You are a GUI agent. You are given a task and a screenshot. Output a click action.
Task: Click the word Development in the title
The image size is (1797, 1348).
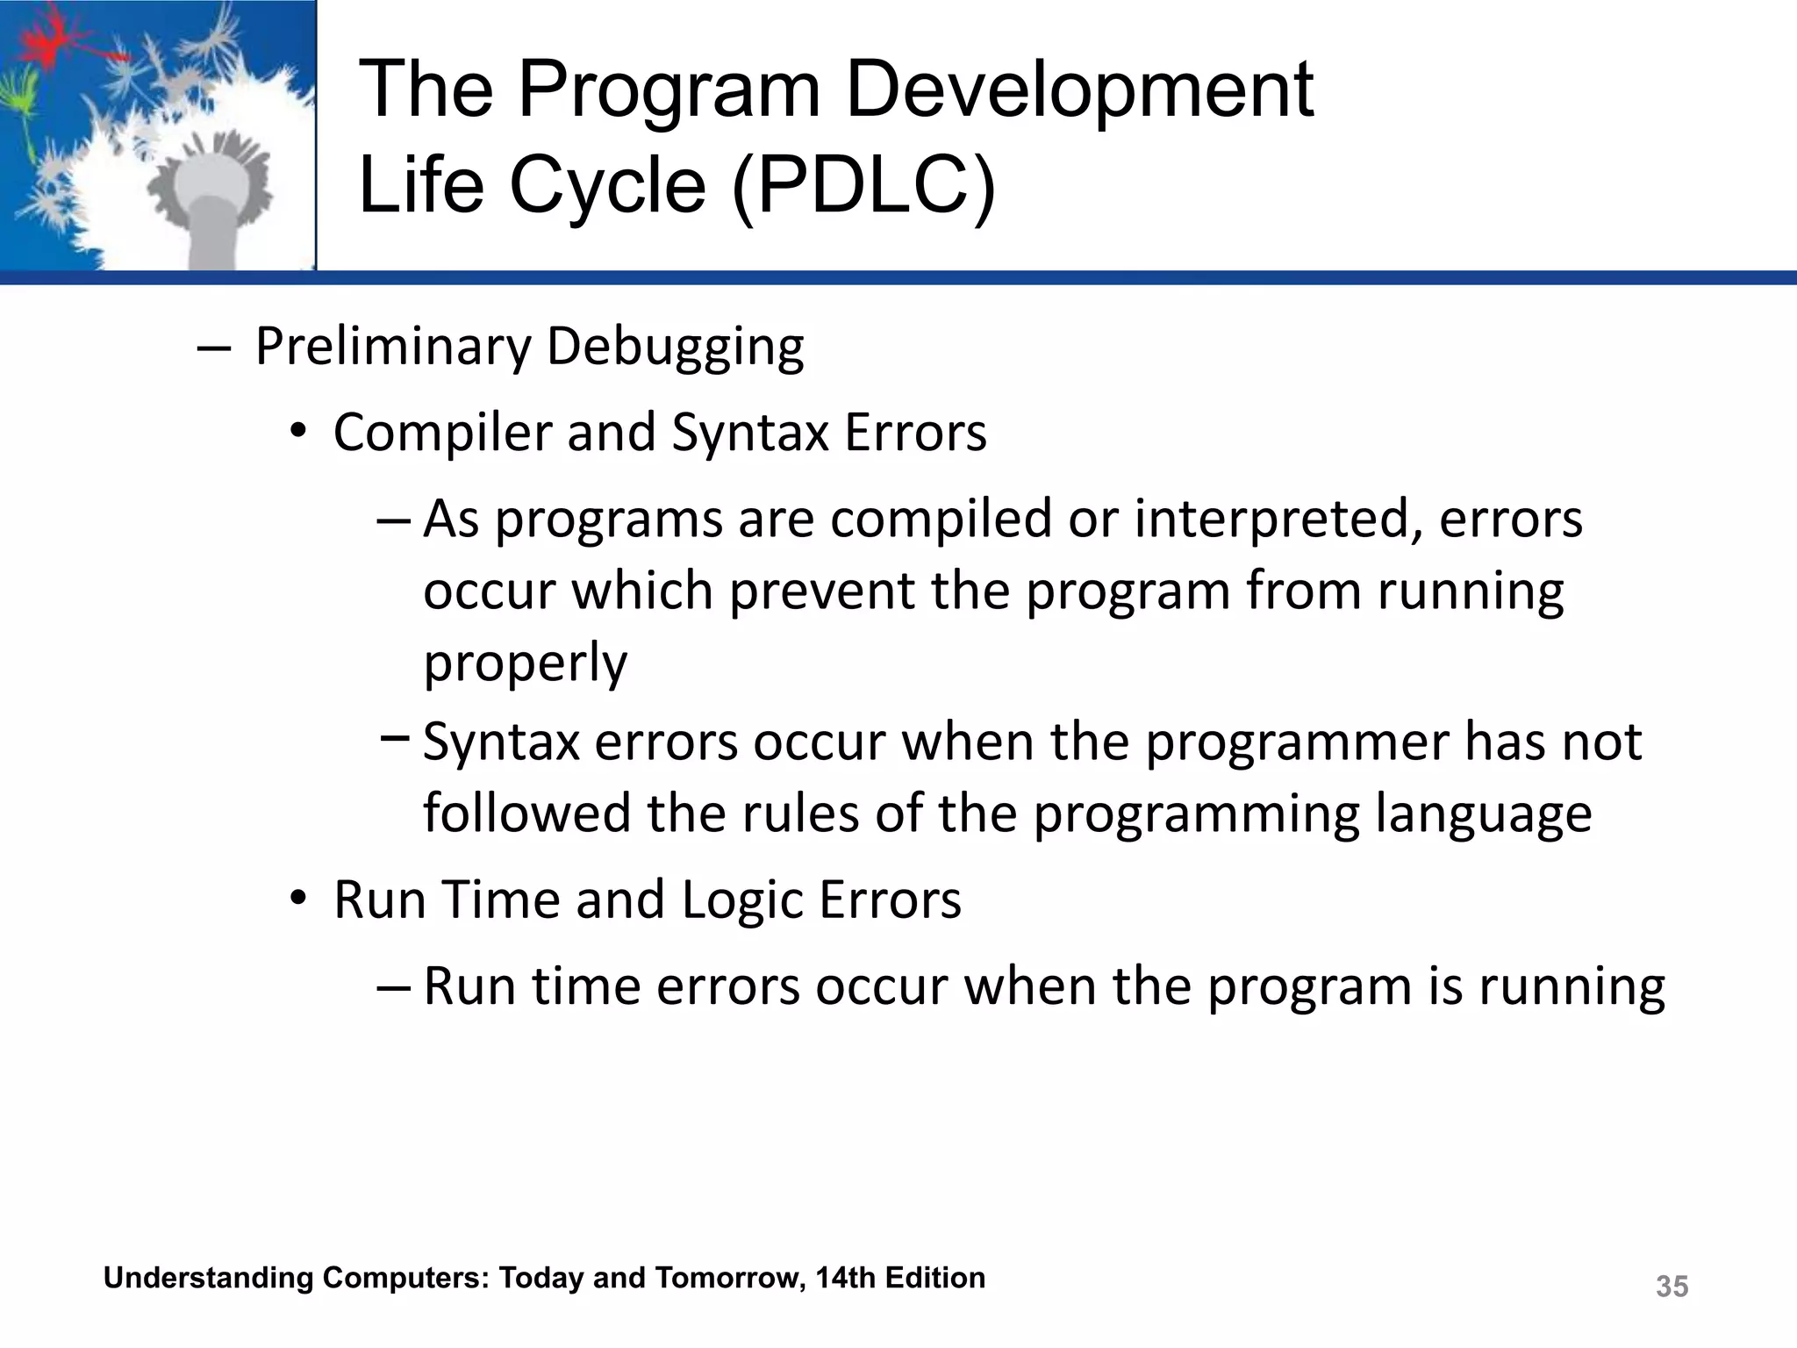(x=1078, y=90)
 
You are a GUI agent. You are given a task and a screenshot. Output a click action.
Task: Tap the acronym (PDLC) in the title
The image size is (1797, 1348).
(x=864, y=185)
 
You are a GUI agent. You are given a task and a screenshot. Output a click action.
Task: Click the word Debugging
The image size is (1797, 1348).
(x=675, y=348)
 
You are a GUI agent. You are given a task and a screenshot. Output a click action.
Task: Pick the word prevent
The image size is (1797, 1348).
(x=821, y=591)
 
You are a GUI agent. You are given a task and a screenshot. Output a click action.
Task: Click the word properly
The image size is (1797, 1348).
(x=525, y=663)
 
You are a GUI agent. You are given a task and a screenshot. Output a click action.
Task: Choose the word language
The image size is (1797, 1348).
(x=1482, y=814)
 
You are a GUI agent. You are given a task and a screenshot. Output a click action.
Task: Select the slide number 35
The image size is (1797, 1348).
(x=1672, y=1287)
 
